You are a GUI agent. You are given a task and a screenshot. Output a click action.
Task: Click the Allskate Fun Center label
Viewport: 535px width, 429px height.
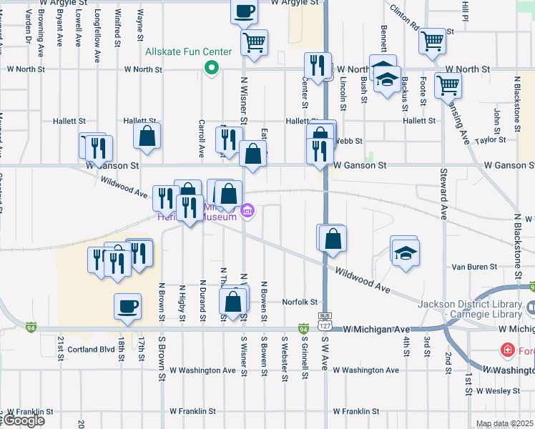pos(189,51)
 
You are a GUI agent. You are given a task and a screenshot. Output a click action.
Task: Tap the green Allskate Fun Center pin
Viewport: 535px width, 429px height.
pos(211,69)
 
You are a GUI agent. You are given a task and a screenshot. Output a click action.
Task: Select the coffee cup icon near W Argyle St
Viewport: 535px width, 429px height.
pos(245,11)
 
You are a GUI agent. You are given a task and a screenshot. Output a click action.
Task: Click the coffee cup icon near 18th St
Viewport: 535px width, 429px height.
pos(127,306)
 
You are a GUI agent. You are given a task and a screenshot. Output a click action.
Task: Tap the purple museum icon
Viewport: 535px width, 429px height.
pos(248,210)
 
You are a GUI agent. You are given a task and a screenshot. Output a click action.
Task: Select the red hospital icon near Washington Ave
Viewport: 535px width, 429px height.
pos(507,350)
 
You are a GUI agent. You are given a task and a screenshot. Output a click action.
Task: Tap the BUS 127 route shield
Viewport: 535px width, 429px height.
pos(325,320)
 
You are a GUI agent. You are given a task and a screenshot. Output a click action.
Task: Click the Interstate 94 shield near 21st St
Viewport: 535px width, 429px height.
pos(30,327)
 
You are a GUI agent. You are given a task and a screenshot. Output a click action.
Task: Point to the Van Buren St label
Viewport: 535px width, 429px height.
pos(474,267)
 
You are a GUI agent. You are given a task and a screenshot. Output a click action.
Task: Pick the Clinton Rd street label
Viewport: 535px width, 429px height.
pos(405,19)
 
